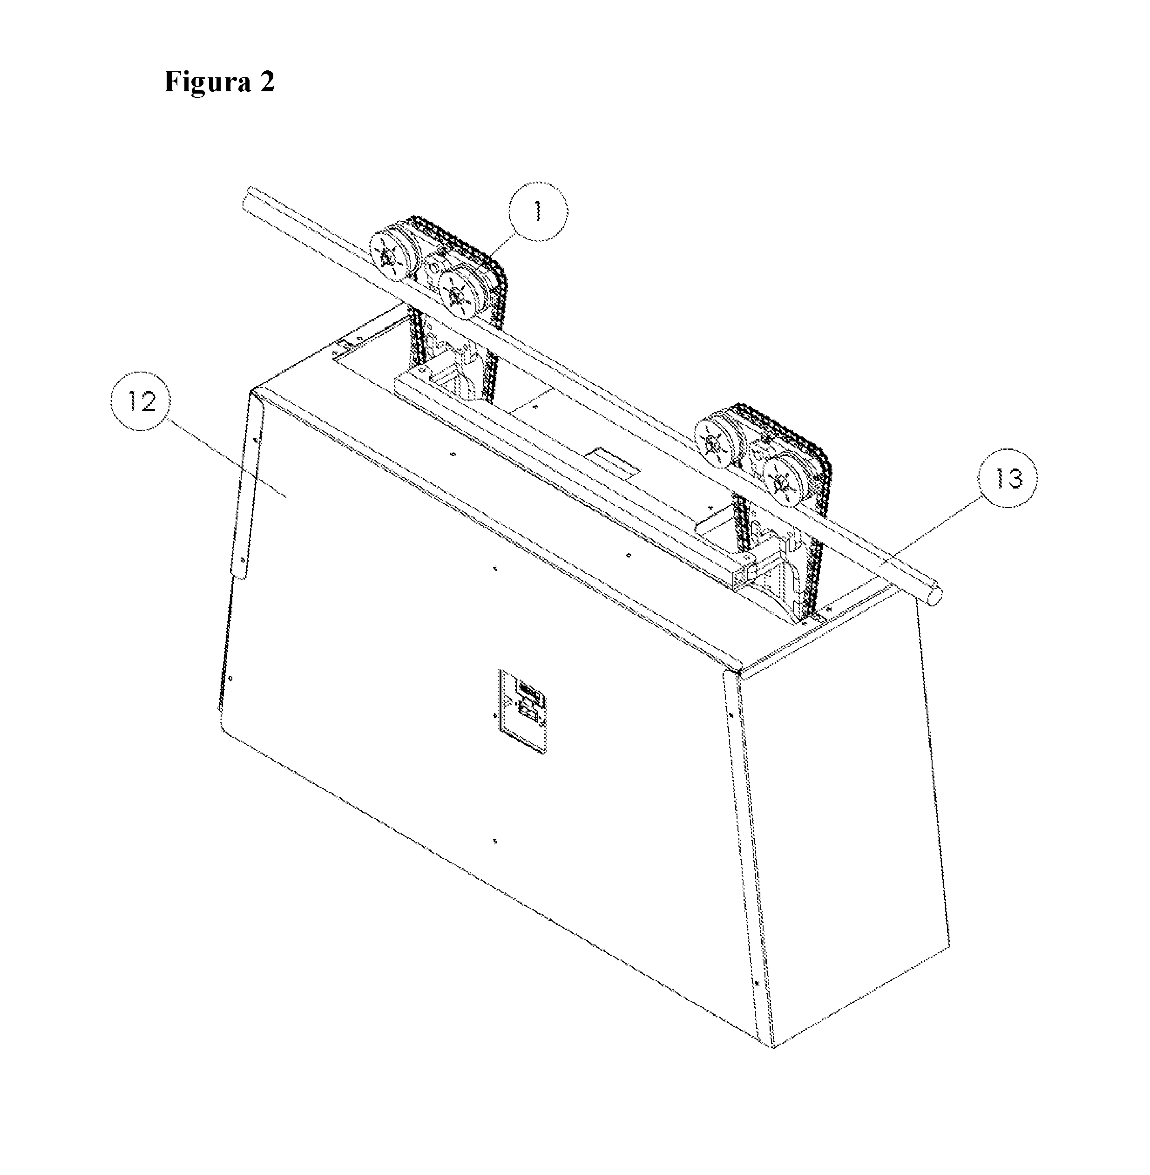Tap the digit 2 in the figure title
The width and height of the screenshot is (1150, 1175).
pos(267,82)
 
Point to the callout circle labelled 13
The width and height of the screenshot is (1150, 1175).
pos(1008,478)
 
